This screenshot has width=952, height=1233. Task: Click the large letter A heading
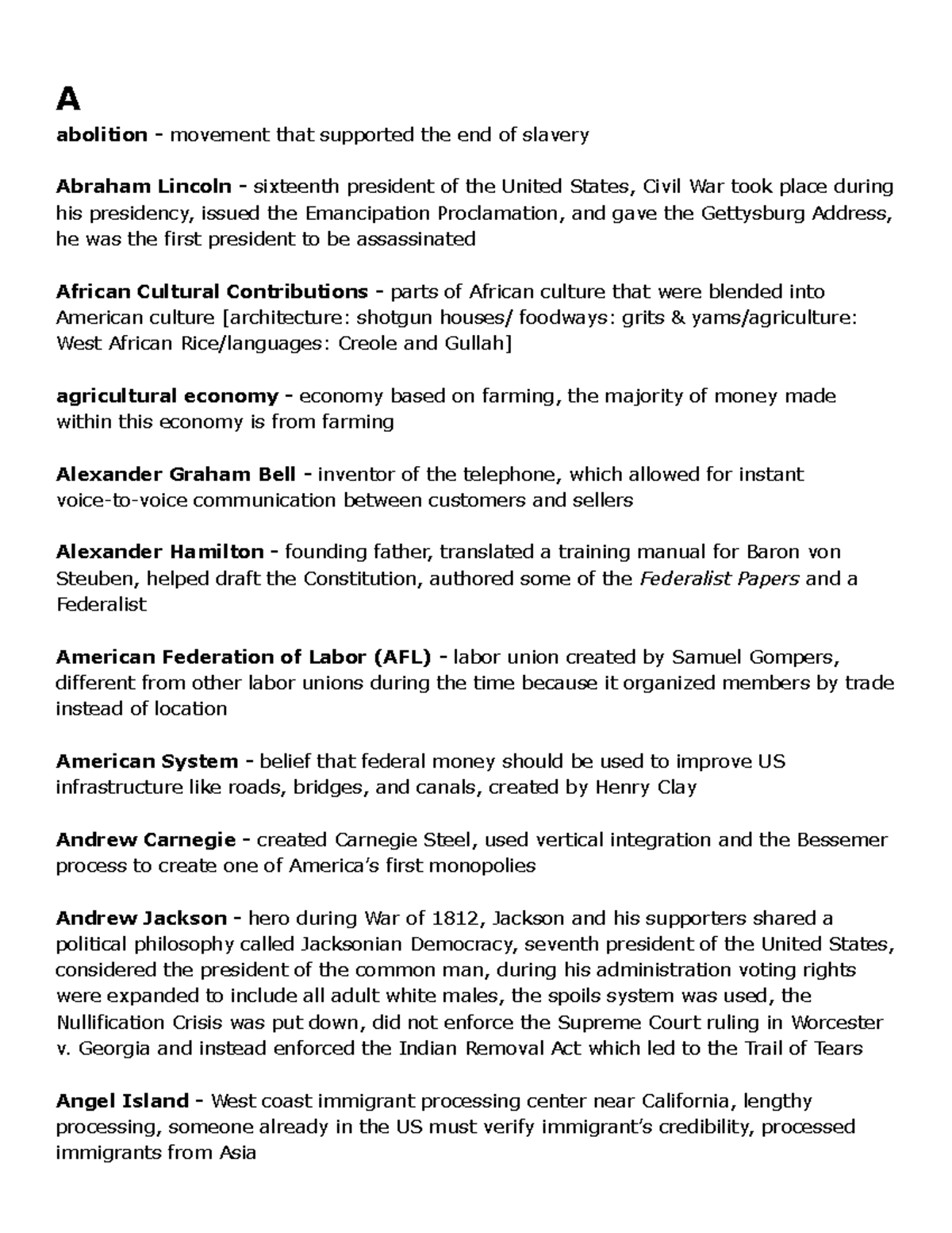click(x=68, y=100)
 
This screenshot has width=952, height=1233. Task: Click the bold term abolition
click(x=102, y=135)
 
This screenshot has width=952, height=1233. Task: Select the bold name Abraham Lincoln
click(x=143, y=187)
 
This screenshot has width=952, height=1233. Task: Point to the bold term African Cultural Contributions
click(x=211, y=291)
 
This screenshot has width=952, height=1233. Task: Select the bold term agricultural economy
click(x=167, y=396)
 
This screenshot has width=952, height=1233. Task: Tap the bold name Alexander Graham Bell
click(x=175, y=475)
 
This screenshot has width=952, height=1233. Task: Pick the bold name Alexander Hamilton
click(x=159, y=552)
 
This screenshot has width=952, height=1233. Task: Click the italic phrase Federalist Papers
click(x=719, y=579)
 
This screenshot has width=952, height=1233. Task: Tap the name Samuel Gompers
click(x=754, y=657)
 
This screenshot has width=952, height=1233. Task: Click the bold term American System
click(x=147, y=762)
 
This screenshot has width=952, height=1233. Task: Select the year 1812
click(x=455, y=919)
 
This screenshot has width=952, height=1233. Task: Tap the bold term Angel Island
click(x=122, y=1101)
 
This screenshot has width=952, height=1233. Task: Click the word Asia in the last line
click(x=236, y=1154)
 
